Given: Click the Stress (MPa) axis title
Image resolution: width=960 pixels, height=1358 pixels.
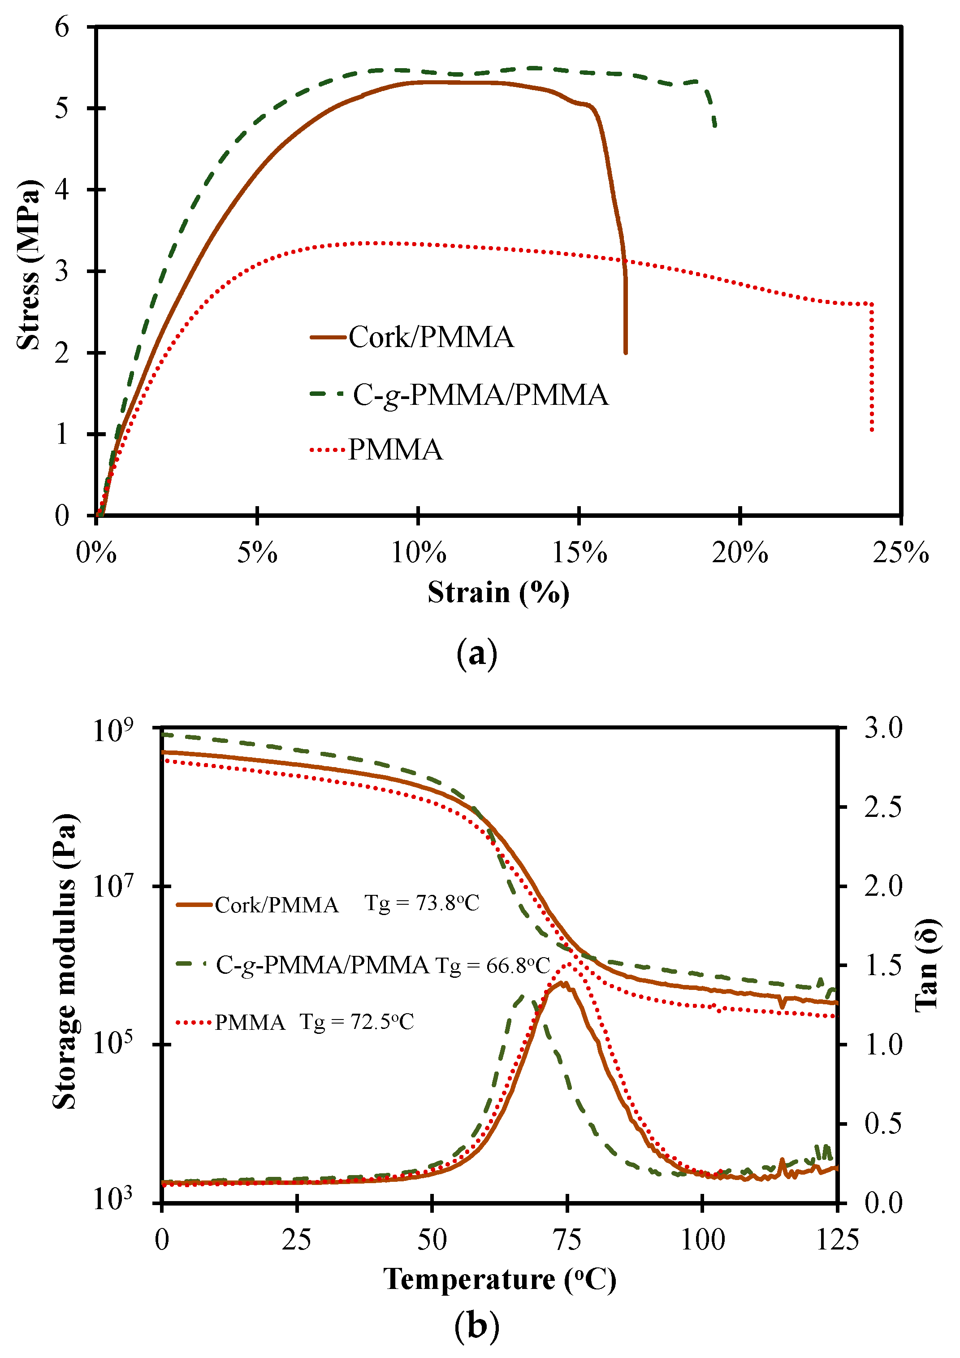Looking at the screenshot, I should click(x=28, y=265).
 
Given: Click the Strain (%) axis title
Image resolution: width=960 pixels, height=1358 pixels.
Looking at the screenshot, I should click(x=498, y=593).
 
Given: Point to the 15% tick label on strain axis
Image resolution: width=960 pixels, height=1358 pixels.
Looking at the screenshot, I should click(x=579, y=553).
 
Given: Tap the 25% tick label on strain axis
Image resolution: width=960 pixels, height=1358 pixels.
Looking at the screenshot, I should click(x=901, y=553).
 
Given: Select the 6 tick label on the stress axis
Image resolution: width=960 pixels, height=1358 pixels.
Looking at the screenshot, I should click(x=62, y=27).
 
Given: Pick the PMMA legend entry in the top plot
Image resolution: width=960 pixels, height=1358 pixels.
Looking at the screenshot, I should click(x=395, y=450).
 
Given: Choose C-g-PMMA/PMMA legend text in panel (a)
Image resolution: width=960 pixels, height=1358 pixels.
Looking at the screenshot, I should click(x=480, y=395).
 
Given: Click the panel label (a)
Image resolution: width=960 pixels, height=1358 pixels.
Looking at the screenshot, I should click(x=477, y=654).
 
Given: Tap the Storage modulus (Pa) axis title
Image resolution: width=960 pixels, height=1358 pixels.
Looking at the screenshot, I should click(x=65, y=962).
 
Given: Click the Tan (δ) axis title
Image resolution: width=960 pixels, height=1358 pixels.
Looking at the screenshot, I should click(x=926, y=965).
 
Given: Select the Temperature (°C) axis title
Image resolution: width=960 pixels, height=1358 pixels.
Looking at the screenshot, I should click(x=500, y=1280).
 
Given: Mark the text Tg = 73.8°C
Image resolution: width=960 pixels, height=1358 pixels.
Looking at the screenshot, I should click(x=421, y=903).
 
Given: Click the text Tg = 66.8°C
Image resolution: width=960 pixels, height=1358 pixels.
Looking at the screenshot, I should click(x=493, y=966).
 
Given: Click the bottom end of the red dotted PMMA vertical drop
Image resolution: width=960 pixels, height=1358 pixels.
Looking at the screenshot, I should click(x=872, y=430).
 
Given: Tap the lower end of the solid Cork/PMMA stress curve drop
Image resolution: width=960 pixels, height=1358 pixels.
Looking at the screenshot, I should click(x=625, y=352).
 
